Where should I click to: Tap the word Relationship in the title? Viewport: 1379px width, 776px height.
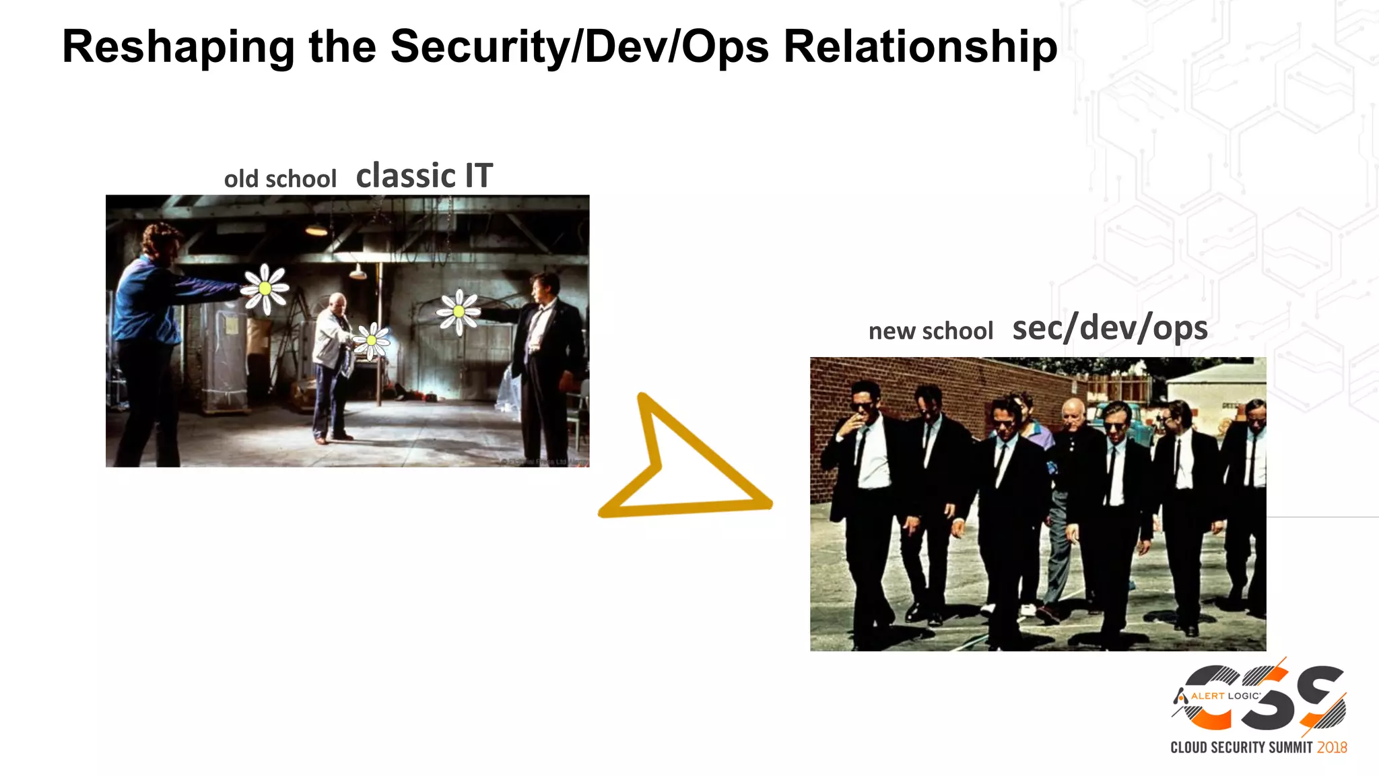pyautogui.click(x=920, y=47)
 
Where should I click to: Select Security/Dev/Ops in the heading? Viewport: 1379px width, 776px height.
pyautogui.click(x=579, y=47)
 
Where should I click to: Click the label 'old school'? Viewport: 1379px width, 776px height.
pyautogui.click(x=280, y=179)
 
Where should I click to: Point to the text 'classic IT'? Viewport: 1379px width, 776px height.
pyautogui.click(x=424, y=176)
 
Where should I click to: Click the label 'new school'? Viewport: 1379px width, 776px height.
pyautogui.click(x=931, y=331)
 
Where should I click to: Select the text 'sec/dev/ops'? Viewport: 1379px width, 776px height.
pyautogui.click(x=1110, y=328)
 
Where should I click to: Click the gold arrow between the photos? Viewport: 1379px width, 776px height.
pyautogui.click(x=680, y=465)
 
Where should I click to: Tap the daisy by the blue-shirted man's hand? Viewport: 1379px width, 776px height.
pyautogui.click(x=265, y=288)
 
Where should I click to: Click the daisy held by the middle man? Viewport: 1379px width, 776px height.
pyautogui.click(x=371, y=340)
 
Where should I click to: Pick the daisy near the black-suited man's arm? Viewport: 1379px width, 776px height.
pyautogui.click(x=459, y=311)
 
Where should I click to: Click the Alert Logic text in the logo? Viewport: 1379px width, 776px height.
pyautogui.click(x=1225, y=696)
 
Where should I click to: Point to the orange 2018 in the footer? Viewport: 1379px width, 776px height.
pyautogui.click(x=1332, y=748)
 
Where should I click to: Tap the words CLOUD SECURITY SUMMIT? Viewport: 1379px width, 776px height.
pyautogui.click(x=1242, y=748)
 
